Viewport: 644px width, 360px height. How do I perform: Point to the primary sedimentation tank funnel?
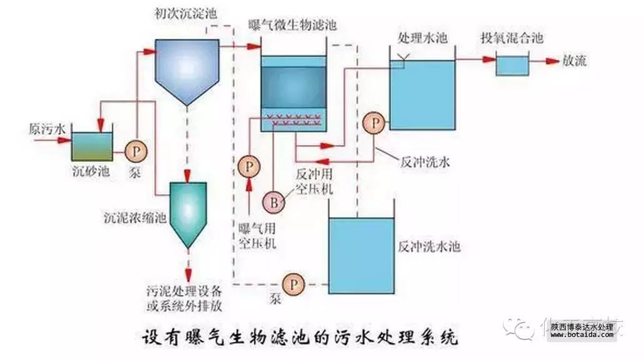186,72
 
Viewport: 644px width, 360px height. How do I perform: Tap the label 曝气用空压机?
257,236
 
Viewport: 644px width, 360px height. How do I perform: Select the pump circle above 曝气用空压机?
249,166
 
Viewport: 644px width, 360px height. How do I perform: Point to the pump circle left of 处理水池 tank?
375,122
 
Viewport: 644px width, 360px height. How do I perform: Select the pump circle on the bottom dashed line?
291,284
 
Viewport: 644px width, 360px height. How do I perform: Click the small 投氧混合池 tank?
512,65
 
